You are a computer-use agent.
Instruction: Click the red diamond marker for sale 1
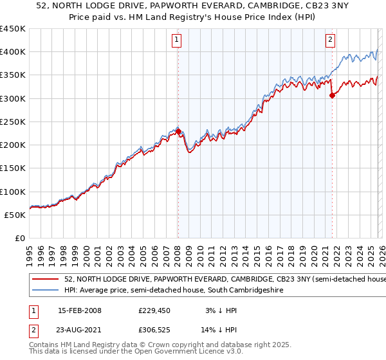coord(178,131)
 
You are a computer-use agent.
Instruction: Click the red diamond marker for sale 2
coord(332,95)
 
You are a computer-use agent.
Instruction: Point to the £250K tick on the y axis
coord(13,122)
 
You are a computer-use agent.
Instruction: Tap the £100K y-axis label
coord(13,192)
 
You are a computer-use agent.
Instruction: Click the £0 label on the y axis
coord(19,238)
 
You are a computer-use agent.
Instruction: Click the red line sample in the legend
coord(45,280)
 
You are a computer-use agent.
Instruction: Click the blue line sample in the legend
coord(45,291)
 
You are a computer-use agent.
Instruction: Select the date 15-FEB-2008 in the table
coord(79,310)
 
